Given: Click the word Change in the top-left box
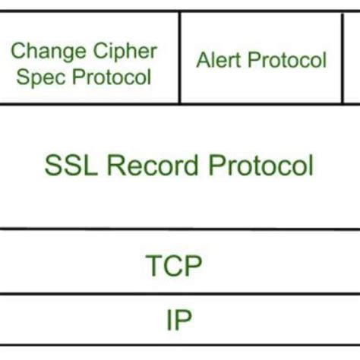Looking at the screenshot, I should pyautogui.click(x=45, y=52).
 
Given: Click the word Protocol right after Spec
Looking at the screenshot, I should pyautogui.click(x=114, y=77).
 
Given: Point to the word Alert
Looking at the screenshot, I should pyautogui.click(x=217, y=59).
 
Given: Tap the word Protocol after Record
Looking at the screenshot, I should pyautogui.click(x=259, y=164).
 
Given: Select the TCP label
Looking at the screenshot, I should pyautogui.click(x=173, y=266).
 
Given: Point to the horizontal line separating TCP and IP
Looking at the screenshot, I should pyautogui.click(x=180, y=293).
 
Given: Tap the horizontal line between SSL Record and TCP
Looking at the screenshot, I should pyautogui.click(x=180, y=229).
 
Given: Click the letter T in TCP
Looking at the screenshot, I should pyautogui.click(x=153, y=266).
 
